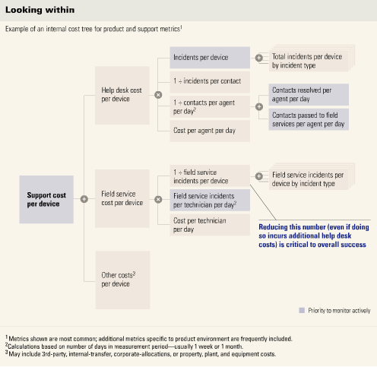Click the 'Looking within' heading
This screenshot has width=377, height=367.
click(x=40, y=10)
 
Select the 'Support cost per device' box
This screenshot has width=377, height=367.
click(x=46, y=199)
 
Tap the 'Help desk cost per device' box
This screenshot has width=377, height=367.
click(x=122, y=95)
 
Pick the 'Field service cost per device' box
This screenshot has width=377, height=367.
click(x=122, y=198)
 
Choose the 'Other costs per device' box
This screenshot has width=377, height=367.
click(x=122, y=280)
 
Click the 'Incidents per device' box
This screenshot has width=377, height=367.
click(x=210, y=58)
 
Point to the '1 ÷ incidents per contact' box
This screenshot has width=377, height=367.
click(x=210, y=82)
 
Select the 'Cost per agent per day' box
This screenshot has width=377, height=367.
click(x=210, y=131)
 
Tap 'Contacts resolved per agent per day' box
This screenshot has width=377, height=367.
click(x=309, y=94)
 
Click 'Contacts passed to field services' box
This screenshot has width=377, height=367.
click(x=309, y=119)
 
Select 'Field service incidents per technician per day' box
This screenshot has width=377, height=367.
click(x=210, y=200)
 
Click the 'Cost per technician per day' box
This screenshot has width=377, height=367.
click(x=210, y=225)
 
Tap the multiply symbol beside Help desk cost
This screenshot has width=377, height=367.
click(x=158, y=95)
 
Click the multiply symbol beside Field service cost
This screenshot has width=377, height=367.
click(x=158, y=199)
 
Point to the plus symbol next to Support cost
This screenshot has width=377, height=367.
click(x=84, y=199)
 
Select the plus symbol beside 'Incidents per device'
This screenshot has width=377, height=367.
click(x=259, y=58)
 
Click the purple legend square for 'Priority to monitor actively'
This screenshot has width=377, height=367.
click(x=302, y=310)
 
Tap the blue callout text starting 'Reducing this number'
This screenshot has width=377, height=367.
click(x=314, y=236)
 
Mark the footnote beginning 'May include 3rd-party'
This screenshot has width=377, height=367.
click(x=141, y=354)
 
